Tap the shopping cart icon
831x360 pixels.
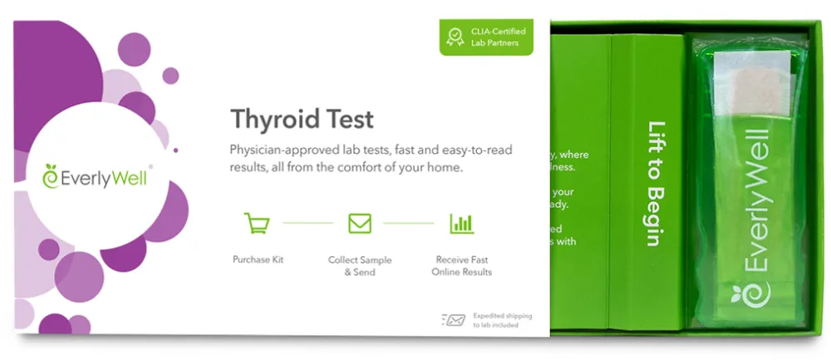257,223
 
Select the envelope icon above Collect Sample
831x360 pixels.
359,223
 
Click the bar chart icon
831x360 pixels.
461,223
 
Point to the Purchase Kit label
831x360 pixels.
258,259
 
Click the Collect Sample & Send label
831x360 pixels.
359,265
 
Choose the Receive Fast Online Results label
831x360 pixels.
461,265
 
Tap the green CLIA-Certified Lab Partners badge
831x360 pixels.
486,37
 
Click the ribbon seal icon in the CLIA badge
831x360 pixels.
455,37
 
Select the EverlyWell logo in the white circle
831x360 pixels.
96,176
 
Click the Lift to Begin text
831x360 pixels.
654,184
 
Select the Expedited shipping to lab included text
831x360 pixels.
502,320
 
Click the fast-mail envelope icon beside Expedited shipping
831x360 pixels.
454,319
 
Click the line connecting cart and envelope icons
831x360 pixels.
307,223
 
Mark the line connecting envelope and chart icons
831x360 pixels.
409,223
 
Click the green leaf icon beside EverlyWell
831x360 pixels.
52,176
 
